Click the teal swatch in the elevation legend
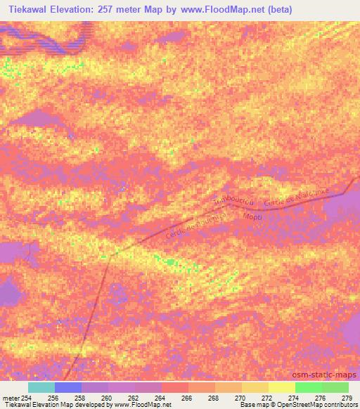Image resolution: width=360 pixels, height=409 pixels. [x=41, y=387]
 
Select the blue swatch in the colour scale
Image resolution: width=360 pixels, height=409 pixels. [x=68, y=387]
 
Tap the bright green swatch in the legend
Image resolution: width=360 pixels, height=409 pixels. [x=308, y=387]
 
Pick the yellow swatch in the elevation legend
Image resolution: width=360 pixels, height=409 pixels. [x=281, y=387]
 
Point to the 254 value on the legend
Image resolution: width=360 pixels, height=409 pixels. [x=27, y=398]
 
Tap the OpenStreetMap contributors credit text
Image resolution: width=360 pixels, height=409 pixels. [x=322, y=405]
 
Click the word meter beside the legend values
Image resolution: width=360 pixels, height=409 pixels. [x=10, y=398]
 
